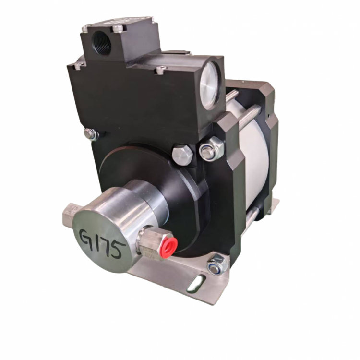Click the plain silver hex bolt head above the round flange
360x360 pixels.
coord(182,155)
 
